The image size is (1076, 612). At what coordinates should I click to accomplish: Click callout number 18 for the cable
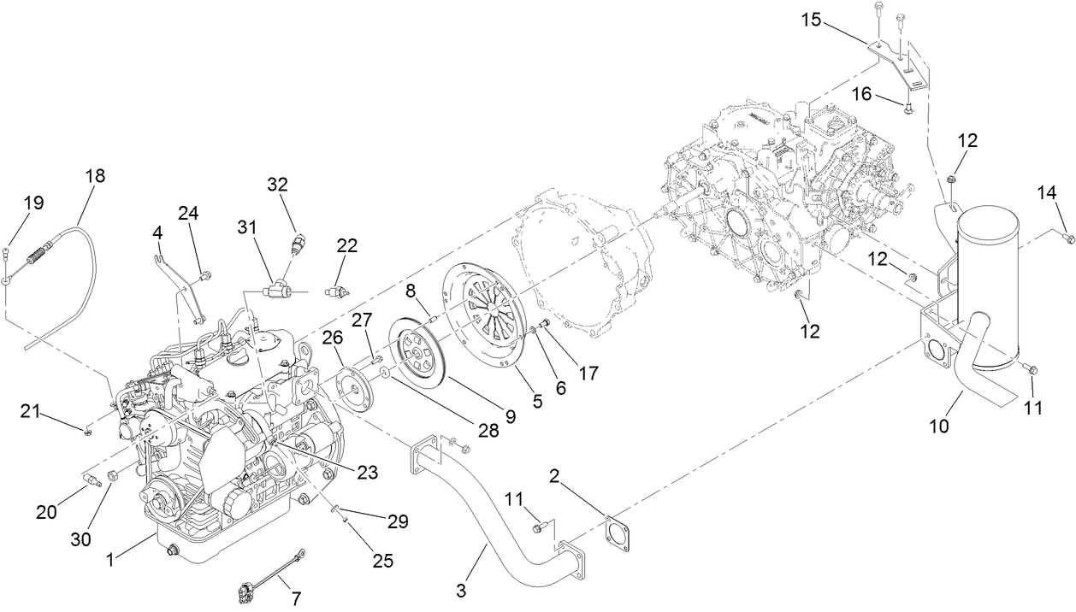[x=95, y=176]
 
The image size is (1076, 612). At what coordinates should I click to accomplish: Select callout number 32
[x=278, y=184]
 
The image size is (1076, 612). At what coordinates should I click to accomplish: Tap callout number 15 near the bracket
[x=812, y=20]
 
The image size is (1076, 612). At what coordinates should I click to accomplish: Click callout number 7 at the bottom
[x=297, y=598]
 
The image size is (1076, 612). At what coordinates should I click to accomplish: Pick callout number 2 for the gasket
[x=556, y=476]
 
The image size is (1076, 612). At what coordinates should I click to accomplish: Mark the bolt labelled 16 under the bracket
[x=908, y=107]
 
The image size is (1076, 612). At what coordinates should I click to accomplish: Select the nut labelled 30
[x=111, y=475]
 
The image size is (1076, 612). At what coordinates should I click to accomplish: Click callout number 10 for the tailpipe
[x=939, y=425]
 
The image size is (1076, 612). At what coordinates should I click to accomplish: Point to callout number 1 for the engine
[x=110, y=560]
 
